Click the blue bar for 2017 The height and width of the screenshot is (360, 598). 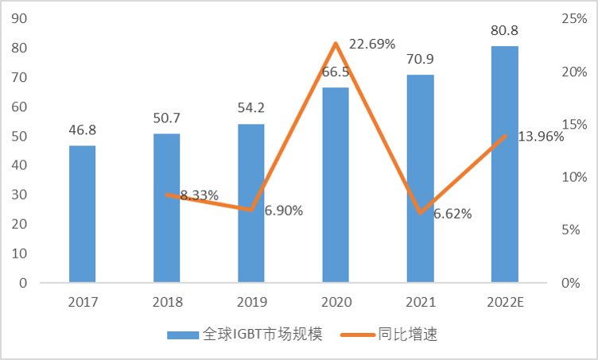tap(82, 214)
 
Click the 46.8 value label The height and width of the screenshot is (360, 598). tap(82, 130)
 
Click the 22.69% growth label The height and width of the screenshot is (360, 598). tap(369, 45)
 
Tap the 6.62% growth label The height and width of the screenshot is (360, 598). tap(452, 213)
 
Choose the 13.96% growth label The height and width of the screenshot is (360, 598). tap(541, 136)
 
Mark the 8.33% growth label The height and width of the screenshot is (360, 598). tap(199, 195)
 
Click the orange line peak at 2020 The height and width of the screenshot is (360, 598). tap(336, 43)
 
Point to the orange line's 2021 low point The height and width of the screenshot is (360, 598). tap(420, 213)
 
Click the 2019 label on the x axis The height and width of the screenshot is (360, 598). tap(251, 302)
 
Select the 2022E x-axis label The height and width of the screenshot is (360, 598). tap(505, 302)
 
